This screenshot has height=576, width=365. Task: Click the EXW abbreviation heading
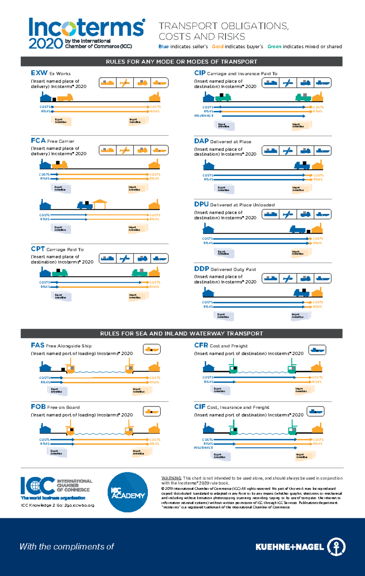[x=39, y=73]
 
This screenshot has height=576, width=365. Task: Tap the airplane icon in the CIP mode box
[x=287, y=83]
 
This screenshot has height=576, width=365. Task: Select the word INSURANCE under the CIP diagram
[x=203, y=116]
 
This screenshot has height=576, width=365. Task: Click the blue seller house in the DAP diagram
[x=209, y=165]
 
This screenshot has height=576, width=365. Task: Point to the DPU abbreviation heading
[x=201, y=204]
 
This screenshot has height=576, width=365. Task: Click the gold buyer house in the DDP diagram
[x=317, y=292]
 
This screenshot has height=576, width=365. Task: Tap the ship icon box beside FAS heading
[x=151, y=349]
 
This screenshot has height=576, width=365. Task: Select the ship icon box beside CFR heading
[x=317, y=350]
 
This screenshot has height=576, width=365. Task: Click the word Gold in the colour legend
[x=217, y=47]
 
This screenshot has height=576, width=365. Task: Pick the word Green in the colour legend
[x=274, y=47]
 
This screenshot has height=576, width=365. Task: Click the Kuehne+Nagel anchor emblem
[x=336, y=547]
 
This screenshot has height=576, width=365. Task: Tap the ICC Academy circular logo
[x=128, y=492]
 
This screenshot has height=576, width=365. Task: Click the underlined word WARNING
[x=171, y=478]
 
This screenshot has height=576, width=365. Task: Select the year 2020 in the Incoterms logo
[x=46, y=44]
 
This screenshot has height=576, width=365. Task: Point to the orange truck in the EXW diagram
[x=65, y=98]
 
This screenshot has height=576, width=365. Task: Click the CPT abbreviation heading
[x=38, y=249]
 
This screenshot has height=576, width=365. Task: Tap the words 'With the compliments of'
[x=67, y=547]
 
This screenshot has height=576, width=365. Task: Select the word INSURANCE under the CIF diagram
[x=203, y=448]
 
